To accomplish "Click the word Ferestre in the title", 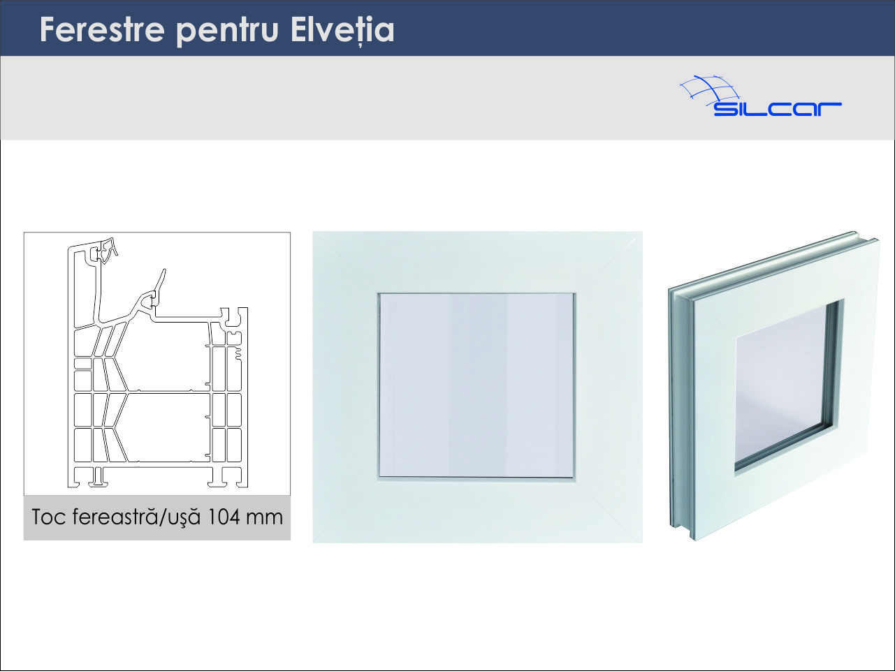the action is click(102, 29).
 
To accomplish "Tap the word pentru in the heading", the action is click(228, 32).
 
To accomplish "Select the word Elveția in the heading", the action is click(342, 31).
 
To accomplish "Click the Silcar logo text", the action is click(778, 110).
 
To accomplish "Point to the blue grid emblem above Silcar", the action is click(709, 91).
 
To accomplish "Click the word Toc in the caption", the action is click(48, 517).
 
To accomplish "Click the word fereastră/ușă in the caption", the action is click(137, 517).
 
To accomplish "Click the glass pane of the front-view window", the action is click(476, 385).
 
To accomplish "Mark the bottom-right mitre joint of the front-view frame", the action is click(608, 510).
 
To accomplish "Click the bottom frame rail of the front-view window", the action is click(477, 511).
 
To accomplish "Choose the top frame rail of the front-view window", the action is click(477, 262).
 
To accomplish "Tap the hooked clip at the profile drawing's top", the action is click(108, 250).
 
